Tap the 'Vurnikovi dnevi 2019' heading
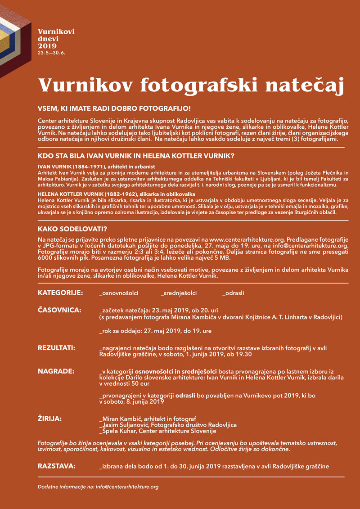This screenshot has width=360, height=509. [x=56, y=39]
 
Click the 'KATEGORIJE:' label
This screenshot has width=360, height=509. [x=60, y=293]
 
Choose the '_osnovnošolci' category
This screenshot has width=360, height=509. [x=119, y=293]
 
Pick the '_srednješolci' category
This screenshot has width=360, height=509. [x=179, y=293]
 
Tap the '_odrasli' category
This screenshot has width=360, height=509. [x=234, y=293]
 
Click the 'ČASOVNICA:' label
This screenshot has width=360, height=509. [x=59, y=310]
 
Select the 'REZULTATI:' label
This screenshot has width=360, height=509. [x=56, y=348]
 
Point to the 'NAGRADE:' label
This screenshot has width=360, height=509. [x=56, y=371]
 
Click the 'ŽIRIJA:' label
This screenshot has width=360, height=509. [x=49, y=419]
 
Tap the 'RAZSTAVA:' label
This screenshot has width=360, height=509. [x=56, y=466]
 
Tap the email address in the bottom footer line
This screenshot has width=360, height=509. [x=127, y=486]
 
